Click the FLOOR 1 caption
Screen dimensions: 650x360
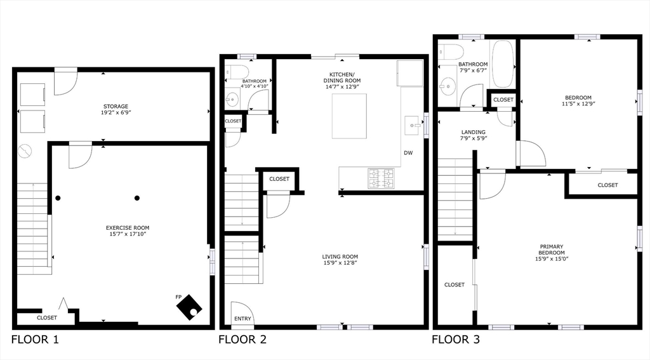36,340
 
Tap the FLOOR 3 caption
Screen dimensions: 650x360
456,340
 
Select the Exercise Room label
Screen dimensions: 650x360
127,228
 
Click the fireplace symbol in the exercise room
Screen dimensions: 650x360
189,307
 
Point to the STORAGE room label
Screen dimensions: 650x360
116,107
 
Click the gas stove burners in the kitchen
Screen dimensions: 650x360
381,178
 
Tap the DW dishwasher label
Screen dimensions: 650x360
408,153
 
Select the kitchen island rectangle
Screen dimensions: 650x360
349,116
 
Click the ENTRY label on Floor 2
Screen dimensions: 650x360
242,319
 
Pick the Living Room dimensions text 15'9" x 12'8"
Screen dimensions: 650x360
340,262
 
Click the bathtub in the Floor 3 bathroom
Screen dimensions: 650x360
503,64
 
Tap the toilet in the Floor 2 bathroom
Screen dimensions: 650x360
237,72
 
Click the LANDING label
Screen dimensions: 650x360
473,132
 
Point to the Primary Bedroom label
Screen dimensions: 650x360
552,250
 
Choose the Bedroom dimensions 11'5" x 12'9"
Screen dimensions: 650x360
578,104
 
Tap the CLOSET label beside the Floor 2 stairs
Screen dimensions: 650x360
279,179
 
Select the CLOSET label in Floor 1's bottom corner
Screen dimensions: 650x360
47,317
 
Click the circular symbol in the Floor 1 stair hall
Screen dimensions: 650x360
25,151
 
